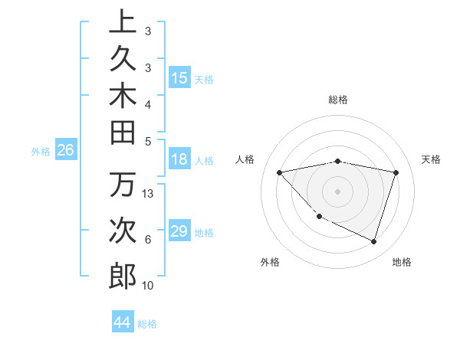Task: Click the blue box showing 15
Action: click(179, 77)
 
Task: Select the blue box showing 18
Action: click(179, 159)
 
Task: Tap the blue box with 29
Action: click(179, 231)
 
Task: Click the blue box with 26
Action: click(66, 150)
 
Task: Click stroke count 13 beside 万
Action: click(149, 194)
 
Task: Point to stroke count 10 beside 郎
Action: click(149, 286)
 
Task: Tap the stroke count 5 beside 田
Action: click(149, 141)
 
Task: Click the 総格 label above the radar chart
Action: click(338, 100)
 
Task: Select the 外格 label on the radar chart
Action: click(270, 262)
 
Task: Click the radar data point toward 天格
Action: click(396, 172)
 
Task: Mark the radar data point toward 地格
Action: click(373, 241)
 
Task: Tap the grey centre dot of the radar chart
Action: click(338, 191)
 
